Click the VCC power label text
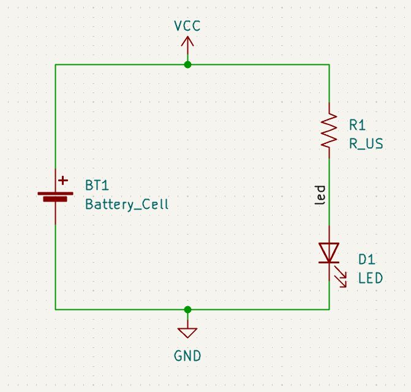(x=187, y=26)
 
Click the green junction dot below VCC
(x=187, y=64)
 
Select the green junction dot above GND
(x=187, y=309)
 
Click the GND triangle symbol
(x=187, y=333)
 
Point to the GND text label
(x=187, y=356)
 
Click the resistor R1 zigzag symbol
(x=330, y=129)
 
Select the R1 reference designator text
(x=357, y=125)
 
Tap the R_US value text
(x=366, y=143)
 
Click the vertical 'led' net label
(x=320, y=195)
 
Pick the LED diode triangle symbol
(x=330, y=252)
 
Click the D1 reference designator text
(x=366, y=260)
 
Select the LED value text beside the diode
(x=371, y=279)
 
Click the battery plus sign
(x=63, y=181)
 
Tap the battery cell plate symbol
(x=56, y=196)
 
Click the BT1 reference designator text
(x=97, y=186)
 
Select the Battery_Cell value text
(x=127, y=205)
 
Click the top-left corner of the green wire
(x=56, y=64)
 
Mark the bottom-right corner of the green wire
(x=330, y=309)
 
